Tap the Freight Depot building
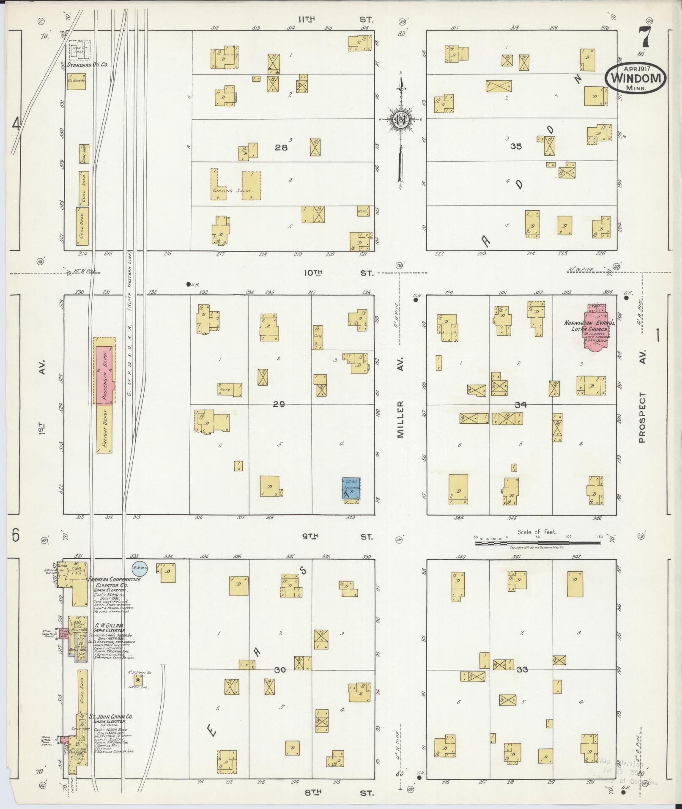[x=104, y=428]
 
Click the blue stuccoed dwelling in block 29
[x=351, y=489]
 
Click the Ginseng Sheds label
[x=233, y=191]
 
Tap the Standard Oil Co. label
[x=88, y=65]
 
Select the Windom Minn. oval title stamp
[x=635, y=78]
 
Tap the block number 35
[x=516, y=147]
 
